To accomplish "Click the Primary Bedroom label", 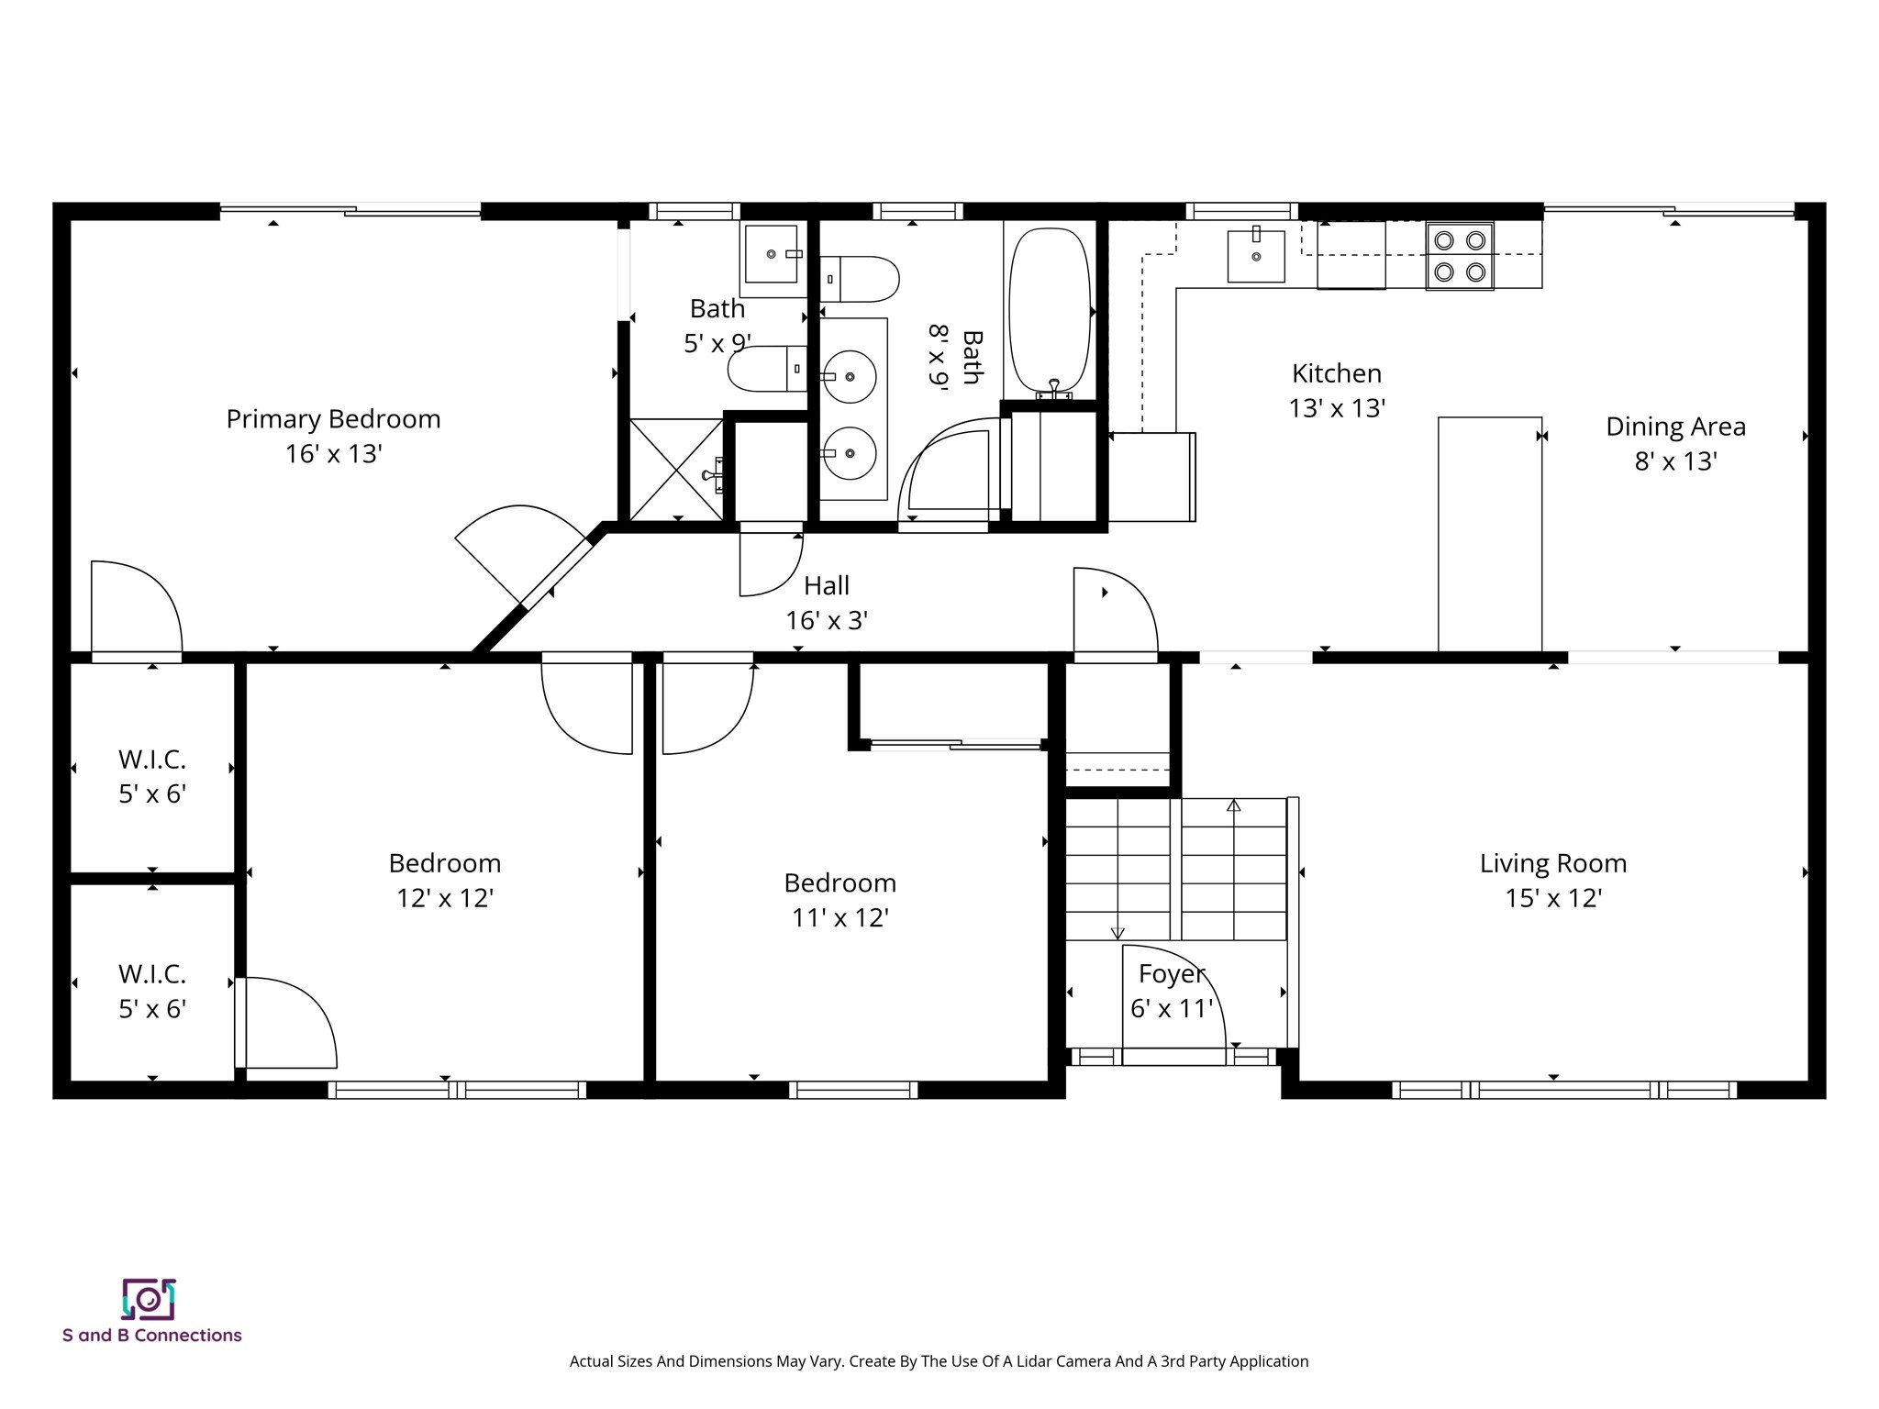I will point(333,419).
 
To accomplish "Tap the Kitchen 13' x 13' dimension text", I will point(1336,408).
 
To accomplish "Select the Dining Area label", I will point(1675,427).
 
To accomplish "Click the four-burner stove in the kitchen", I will point(1460,256).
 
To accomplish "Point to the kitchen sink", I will point(1256,256).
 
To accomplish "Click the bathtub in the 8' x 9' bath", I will point(1050,312).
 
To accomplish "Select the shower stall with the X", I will point(676,470).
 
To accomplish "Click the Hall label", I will point(827,585).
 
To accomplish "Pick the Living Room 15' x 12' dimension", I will point(1552,898).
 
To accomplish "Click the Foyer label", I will point(1171,973).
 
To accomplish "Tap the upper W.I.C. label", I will point(152,760).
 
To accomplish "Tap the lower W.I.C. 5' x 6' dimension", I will point(152,1009).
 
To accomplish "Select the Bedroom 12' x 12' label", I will point(445,863).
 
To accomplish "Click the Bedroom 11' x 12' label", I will point(839,882).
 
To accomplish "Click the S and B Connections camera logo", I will point(149,1299).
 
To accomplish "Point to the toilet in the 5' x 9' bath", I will point(766,369).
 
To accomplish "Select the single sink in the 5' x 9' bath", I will point(772,254).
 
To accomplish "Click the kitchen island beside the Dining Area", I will point(1489,534).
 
